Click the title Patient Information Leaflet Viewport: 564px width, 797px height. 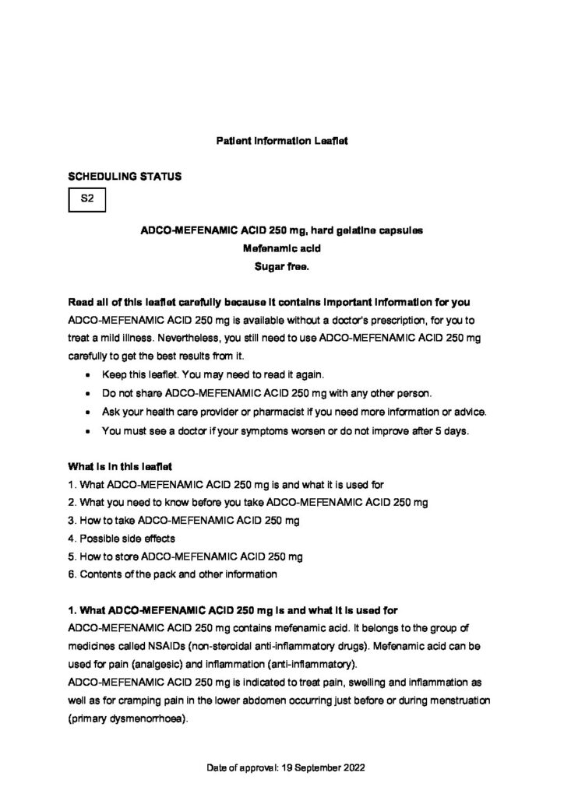281,142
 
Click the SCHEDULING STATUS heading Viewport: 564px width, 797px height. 125,177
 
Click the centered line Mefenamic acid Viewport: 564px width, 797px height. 281,249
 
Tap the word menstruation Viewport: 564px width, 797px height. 459,700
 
